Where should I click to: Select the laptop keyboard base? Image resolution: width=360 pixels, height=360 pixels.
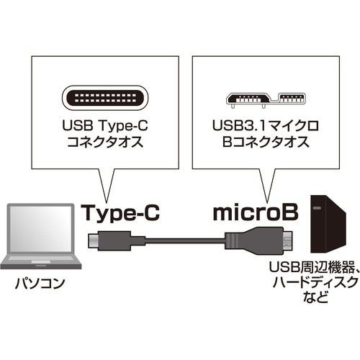click(x=41, y=263)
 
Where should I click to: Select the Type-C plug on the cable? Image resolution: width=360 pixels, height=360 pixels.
click(x=101, y=239)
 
